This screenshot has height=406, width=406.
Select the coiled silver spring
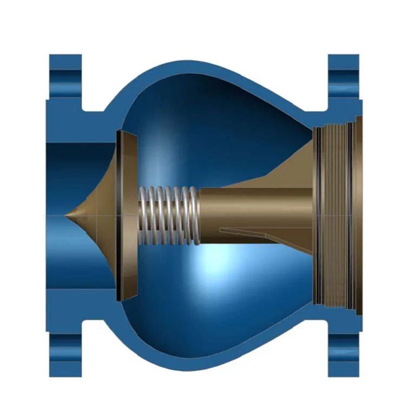tap(168, 215)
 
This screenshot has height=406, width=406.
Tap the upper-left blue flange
tap(65, 81)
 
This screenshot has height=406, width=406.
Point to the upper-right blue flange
tap(343, 81)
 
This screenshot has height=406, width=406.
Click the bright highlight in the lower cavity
tap(217, 265)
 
